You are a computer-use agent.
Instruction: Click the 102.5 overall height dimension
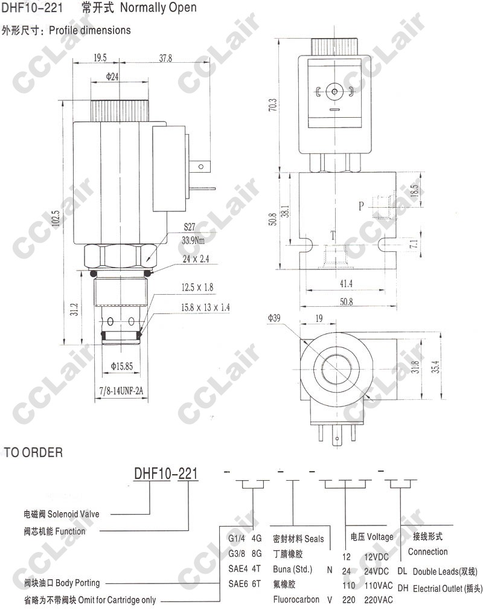[x=56, y=219]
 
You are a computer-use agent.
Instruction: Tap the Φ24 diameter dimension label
[x=112, y=77]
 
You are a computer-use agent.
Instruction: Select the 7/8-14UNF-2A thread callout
[x=121, y=391]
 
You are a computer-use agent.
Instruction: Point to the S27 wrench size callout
[x=190, y=227]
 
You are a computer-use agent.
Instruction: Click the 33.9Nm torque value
[x=193, y=240]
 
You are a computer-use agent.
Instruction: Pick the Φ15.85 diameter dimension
[x=122, y=366]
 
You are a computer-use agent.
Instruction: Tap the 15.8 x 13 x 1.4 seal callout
[x=205, y=307]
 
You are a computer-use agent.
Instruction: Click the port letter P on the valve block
[x=361, y=206]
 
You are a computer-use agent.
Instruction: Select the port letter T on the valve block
[x=333, y=235]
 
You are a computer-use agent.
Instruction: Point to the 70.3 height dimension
[x=273, y=104]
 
